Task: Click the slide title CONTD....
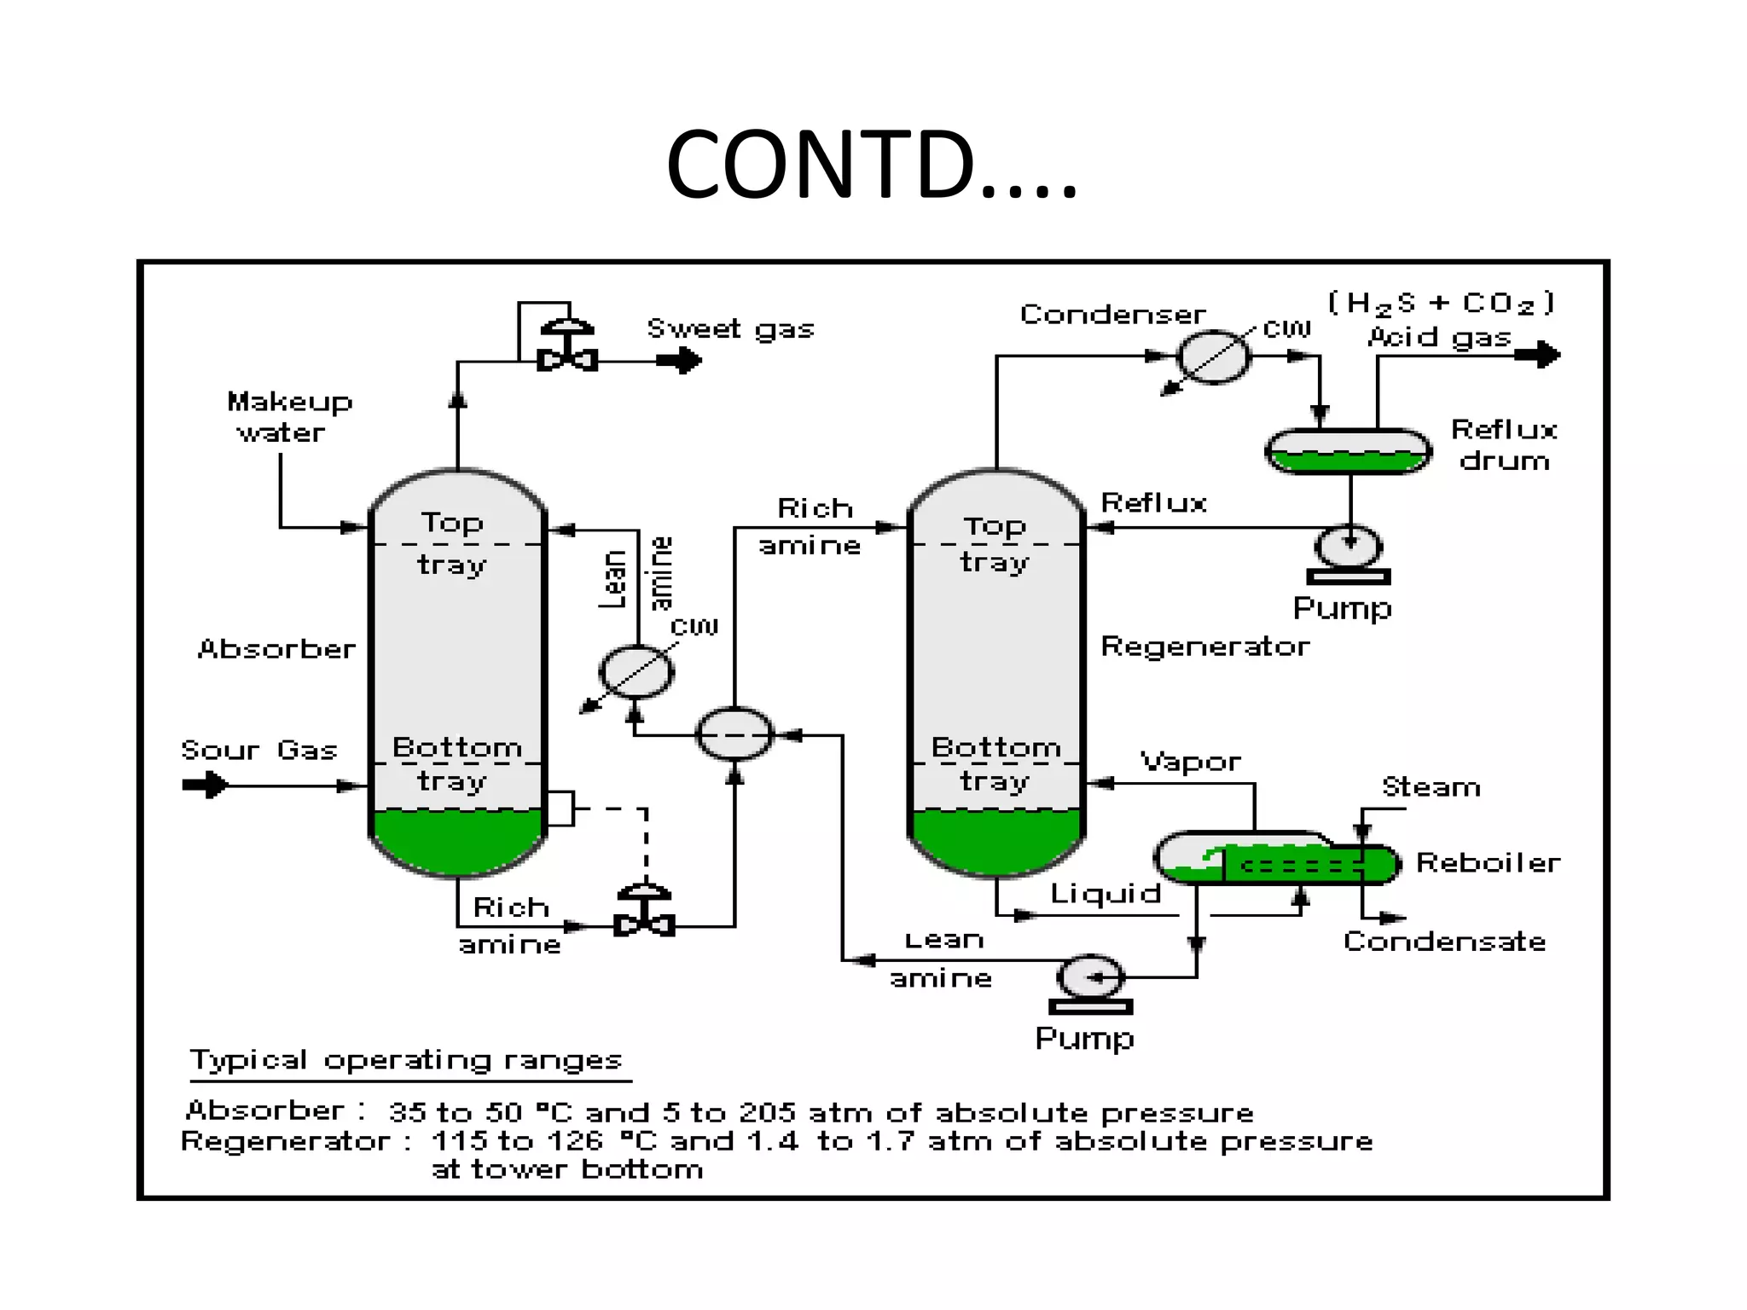pos(871,164)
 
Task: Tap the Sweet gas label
pos(730,328)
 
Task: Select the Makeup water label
pos(288,417)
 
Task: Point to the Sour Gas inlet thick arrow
pos(206,785)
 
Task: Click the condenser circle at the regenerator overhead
pos(1213,356)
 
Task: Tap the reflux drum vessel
pos(1348,451)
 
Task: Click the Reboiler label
pos(1488,863)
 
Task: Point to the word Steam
pos(1431,786)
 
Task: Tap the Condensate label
pos(1444,942)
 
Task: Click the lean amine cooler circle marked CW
pos(636,672)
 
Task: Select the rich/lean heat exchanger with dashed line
pos(734,734)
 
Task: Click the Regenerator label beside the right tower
pos(1204,646)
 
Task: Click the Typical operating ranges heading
pos(406,1060)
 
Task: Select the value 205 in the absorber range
pos(766,1112)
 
